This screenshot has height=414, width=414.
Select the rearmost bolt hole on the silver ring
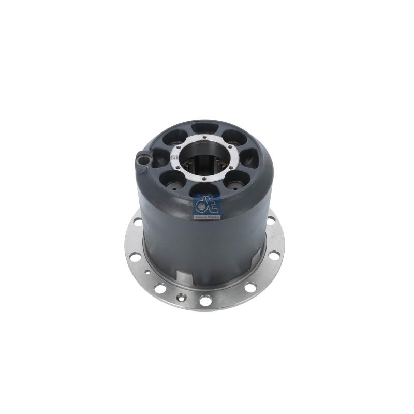tap(204, 137)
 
